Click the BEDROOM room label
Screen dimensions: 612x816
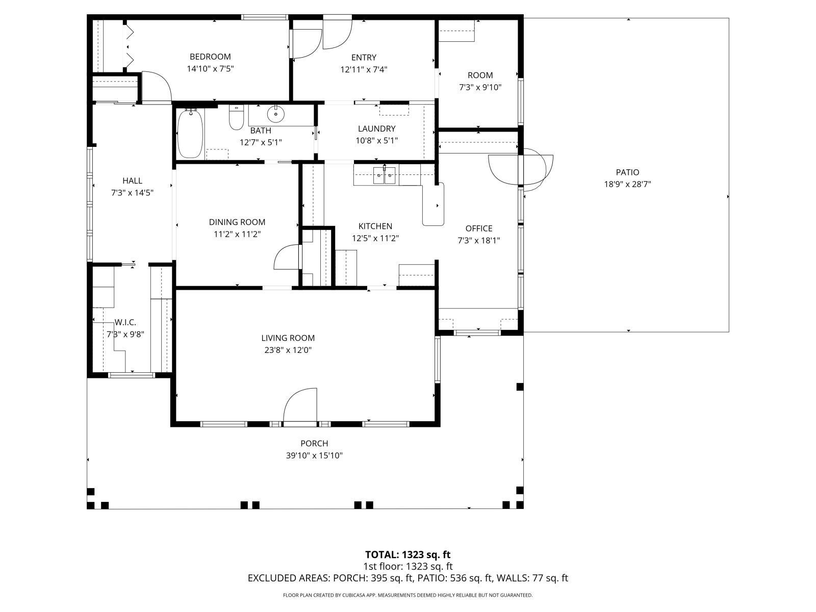[210, 57]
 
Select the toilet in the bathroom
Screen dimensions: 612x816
[236, 118]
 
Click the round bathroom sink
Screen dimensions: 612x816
[275, 116]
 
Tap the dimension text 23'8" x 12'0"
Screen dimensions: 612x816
[288, 350]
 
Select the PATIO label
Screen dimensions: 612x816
[627, 172]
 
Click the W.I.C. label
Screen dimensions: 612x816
[125, 322]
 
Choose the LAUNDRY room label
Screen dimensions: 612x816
[376, 129]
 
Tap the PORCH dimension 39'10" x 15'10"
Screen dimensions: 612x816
[314, 456]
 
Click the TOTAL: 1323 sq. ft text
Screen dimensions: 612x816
[407, 554]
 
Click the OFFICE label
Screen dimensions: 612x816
[479, 228]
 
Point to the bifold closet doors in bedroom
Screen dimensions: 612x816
[129, 44]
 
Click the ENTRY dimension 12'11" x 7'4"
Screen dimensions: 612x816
[364, 70]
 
